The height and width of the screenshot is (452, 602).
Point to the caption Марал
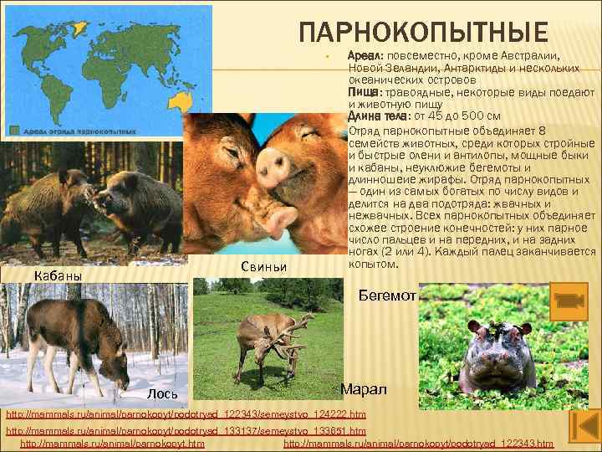(365, 390)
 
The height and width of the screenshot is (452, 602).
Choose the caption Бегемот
(387, 295)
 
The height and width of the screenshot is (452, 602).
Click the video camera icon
(572, 300)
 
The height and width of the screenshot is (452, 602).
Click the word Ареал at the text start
(365, 54)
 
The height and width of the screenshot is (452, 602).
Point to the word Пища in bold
(363, 91)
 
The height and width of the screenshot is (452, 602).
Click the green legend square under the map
(16, 130)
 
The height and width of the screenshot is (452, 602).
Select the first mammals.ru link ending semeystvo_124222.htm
(186, 415)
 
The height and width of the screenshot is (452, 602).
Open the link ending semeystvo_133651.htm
(186, 430)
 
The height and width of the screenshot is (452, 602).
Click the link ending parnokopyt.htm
(112, 443)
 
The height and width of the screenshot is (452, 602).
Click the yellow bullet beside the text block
(332, 57)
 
